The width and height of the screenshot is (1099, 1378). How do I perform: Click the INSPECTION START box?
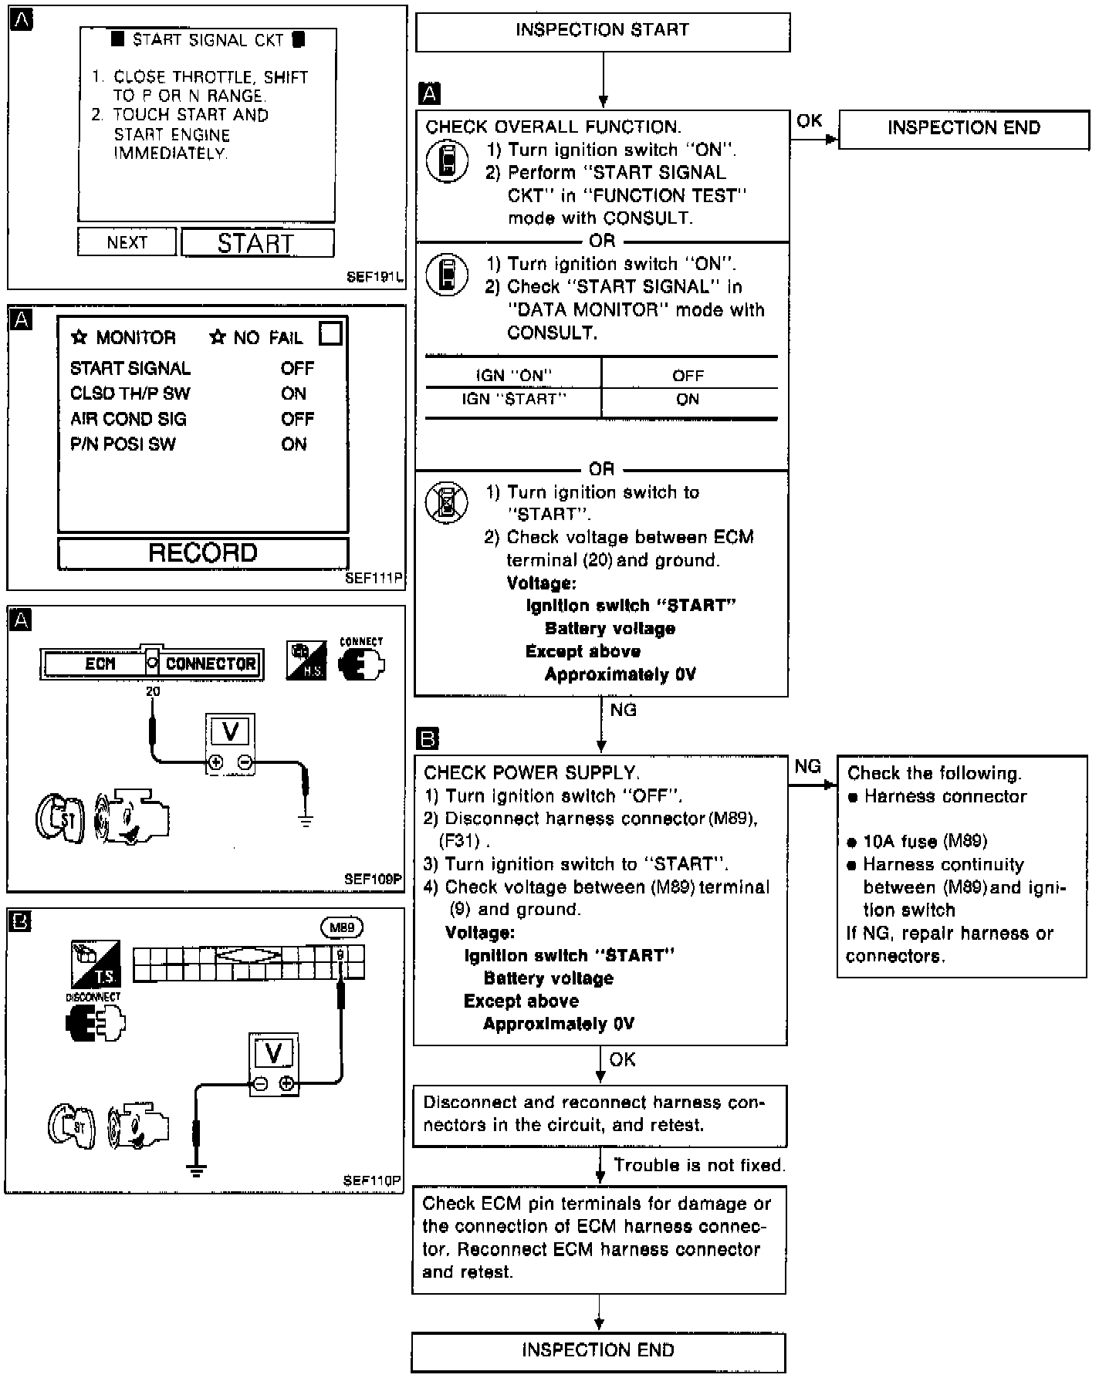coord(602,32)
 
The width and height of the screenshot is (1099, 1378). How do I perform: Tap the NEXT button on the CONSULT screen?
coord(127,242)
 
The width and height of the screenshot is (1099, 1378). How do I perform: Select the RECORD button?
coord(203,553)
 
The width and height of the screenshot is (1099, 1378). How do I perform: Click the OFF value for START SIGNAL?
coord(297,369)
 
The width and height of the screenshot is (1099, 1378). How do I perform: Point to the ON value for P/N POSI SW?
coord(294,444)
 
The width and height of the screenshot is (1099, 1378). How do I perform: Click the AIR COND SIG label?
coord(128,419)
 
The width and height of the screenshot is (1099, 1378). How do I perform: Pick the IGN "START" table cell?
coord(513,400)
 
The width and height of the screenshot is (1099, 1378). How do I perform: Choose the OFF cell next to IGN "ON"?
coord(688,376)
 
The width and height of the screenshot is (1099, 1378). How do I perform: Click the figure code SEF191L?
coord(374,277)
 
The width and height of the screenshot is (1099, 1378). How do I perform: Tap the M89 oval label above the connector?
coord(341,927)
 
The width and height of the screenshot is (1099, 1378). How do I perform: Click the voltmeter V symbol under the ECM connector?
coord(230,731)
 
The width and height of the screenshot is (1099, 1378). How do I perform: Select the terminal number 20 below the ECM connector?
coord(153,692)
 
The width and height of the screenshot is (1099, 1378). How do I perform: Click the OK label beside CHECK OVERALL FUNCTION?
coord(809,121)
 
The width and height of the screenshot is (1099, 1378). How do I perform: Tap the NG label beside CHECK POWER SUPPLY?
coord(807,766)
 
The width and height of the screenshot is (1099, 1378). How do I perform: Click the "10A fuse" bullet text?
coord(925,842)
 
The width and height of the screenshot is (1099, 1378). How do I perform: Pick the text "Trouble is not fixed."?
coord(699,1165)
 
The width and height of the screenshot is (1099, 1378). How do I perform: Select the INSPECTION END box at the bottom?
coord(598,1349)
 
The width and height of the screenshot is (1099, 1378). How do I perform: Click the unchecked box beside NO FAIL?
coord(330,334)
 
